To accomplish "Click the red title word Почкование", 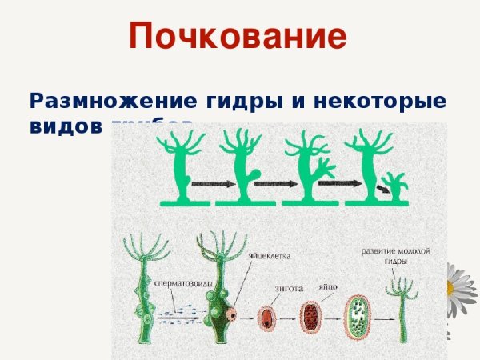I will [x=238, y=37].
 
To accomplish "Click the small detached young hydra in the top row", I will [x=395, y=186].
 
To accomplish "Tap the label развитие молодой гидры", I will [x=394, y=256].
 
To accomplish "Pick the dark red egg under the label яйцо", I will [x=310, y=317].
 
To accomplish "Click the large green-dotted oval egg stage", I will [x=358, y=315].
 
